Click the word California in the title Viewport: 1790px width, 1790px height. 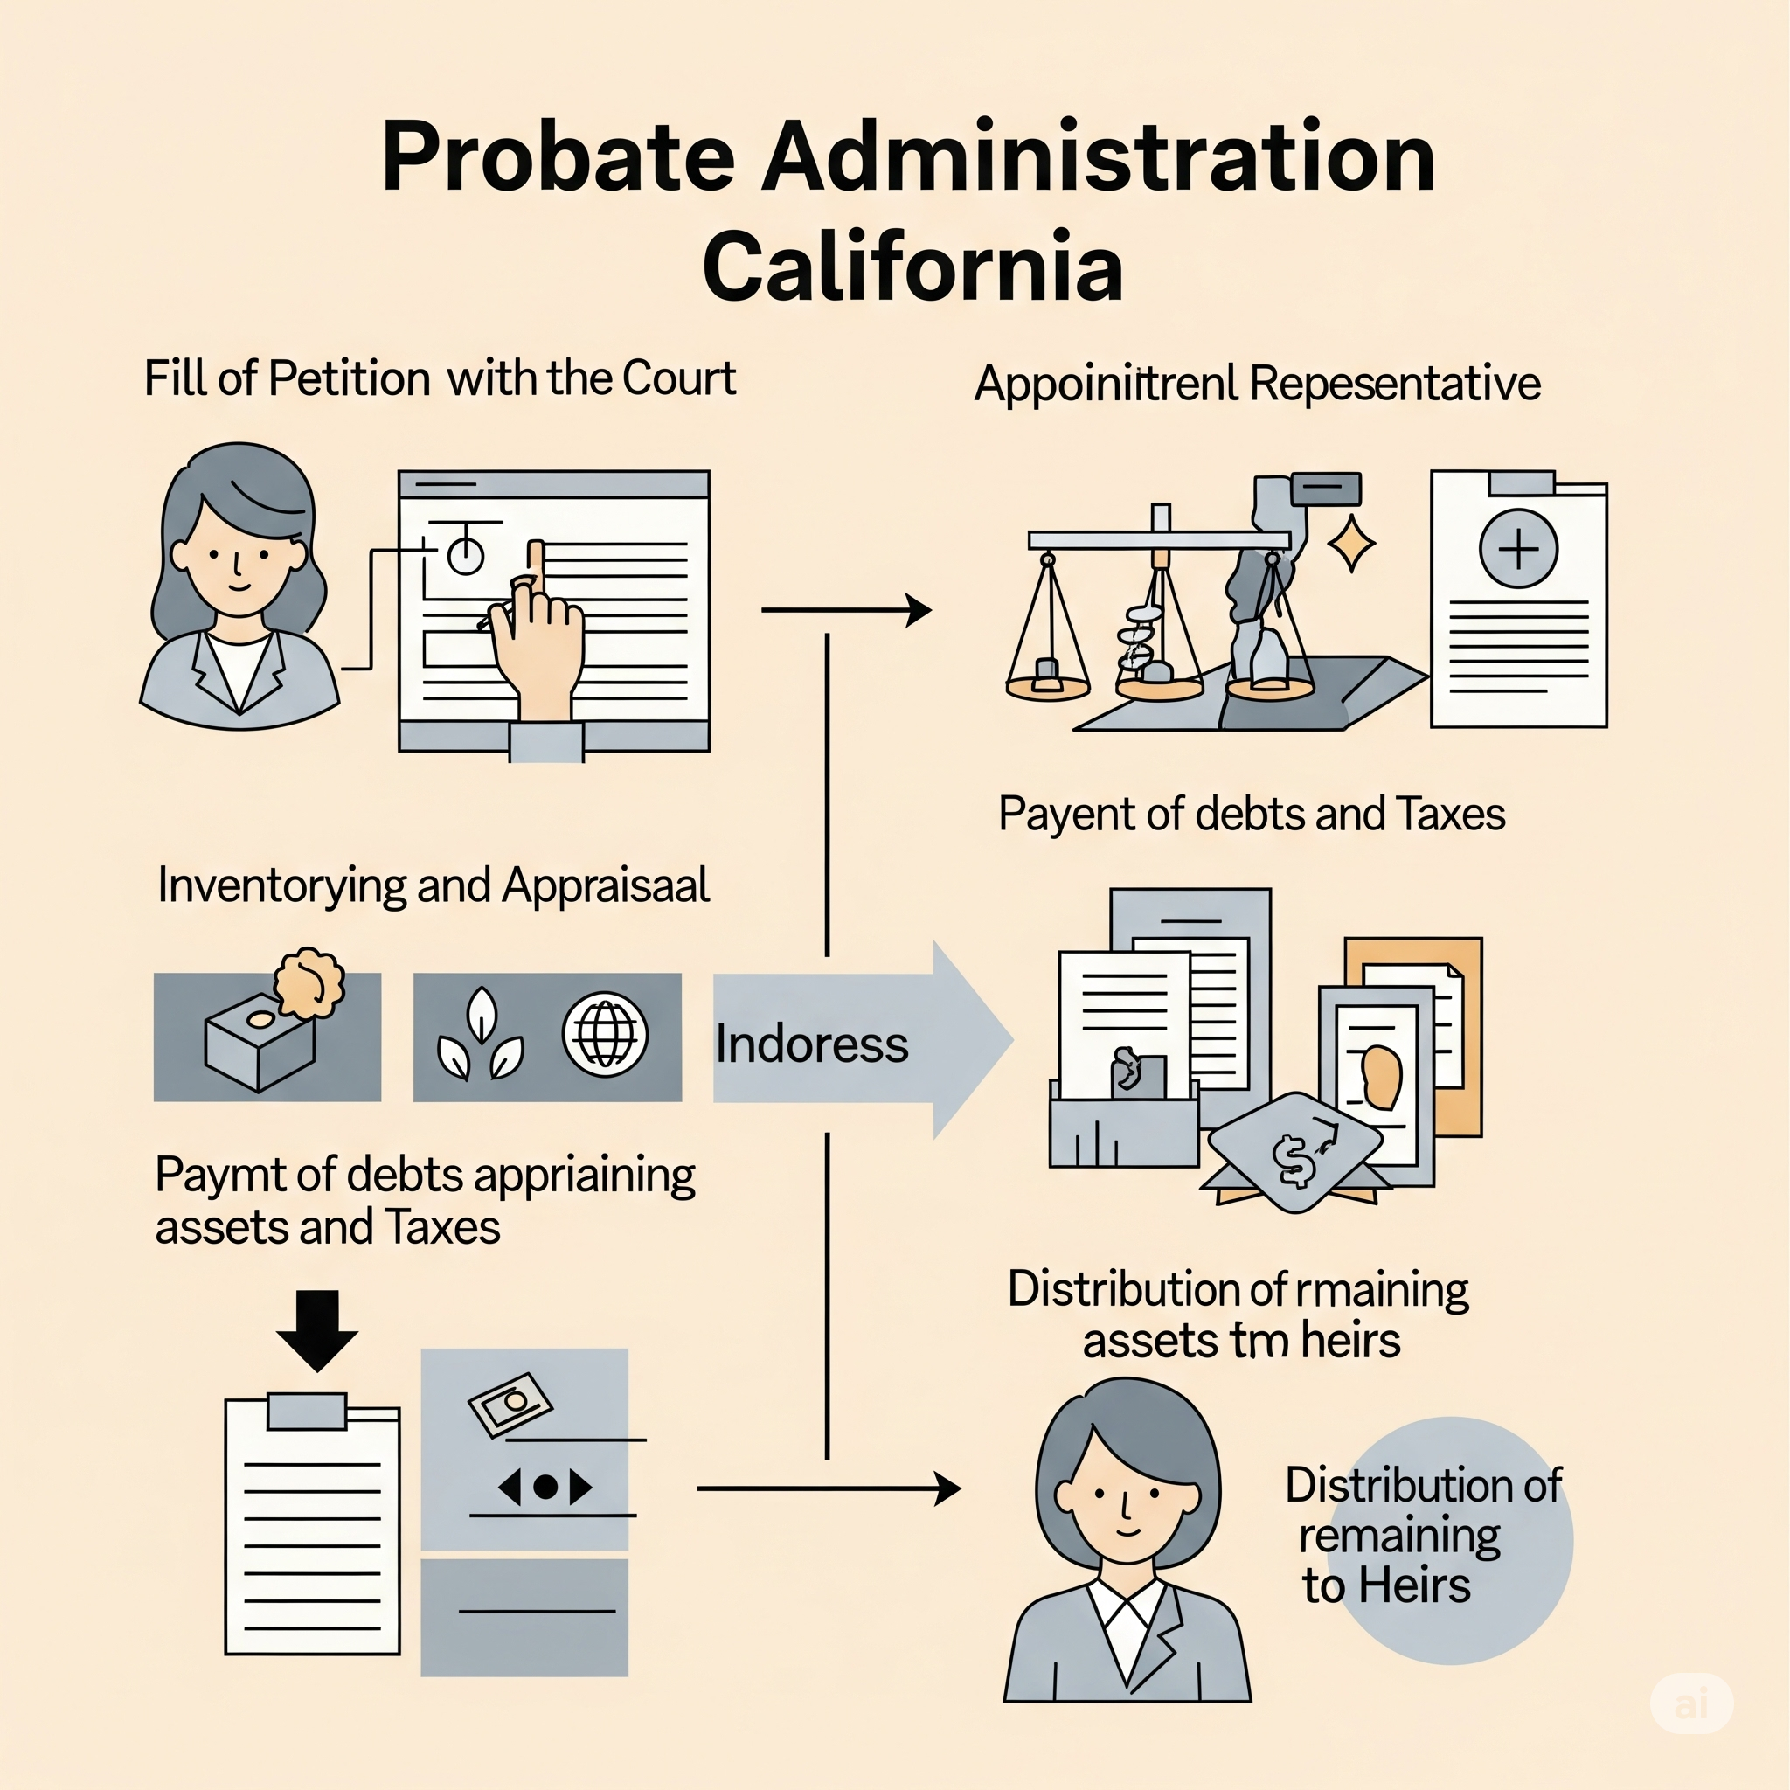coord(912,267)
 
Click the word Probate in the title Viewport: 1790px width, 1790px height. coord(558,157)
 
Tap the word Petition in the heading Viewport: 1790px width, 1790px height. coord(350,379)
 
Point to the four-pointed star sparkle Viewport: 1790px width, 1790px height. coord(1352,544)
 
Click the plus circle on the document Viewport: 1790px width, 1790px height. coord(1517,549)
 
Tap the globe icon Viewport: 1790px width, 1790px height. coord(605,1034)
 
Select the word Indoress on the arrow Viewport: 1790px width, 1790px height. coord(812,1045)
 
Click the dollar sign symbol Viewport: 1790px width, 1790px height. coord(1294,1161)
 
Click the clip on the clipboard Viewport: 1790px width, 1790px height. coord(307,1410)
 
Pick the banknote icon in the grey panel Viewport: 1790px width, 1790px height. coord(510,1404)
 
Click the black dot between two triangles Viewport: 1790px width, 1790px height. coord(545,1487)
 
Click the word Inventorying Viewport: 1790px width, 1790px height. coord(281,885)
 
